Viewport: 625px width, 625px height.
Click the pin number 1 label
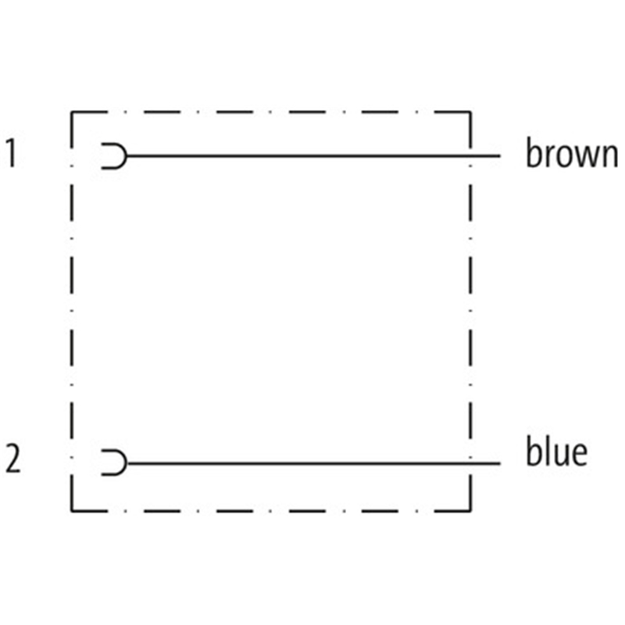pyautogui.click(x=11, y=153)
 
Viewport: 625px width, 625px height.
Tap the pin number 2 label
pyautogui.click(x=12, y=459)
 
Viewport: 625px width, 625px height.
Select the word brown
pyautogui.click(x=572, y=152)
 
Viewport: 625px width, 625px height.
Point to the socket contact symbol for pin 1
pyautogui.click(x=126, y=155)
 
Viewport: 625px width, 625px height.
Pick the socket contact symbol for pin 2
pyautogui.click(x=126, y=463)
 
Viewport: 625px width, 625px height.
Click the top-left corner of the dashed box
pyautogui.click(x=71, y=112)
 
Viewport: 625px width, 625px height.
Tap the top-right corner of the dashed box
pyautogui.click(x=470, y=112)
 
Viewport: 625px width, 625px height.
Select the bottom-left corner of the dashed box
pyautogui.click(x=71, y=511)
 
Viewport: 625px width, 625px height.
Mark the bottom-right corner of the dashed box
pyautogui.click(x=470, y=511)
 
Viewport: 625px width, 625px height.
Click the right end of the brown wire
pyautogui.click(x=500, y=155)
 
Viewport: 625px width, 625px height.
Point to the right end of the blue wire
pyautogui.click(x=500, y=463)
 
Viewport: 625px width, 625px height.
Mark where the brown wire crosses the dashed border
pyautogui.click(x=470, y=155)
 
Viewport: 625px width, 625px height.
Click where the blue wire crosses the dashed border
pyautogui.click(x=470, y=463)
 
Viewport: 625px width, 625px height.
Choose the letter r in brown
pyautogui.click(x=549, y=155)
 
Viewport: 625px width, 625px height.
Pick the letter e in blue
pyautogui.click(x=580, y=455)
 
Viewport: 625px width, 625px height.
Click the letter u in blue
pyautogui.click(x=560, y=455)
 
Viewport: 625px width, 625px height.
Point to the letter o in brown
pyautogui.click(x=564, y=155)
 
